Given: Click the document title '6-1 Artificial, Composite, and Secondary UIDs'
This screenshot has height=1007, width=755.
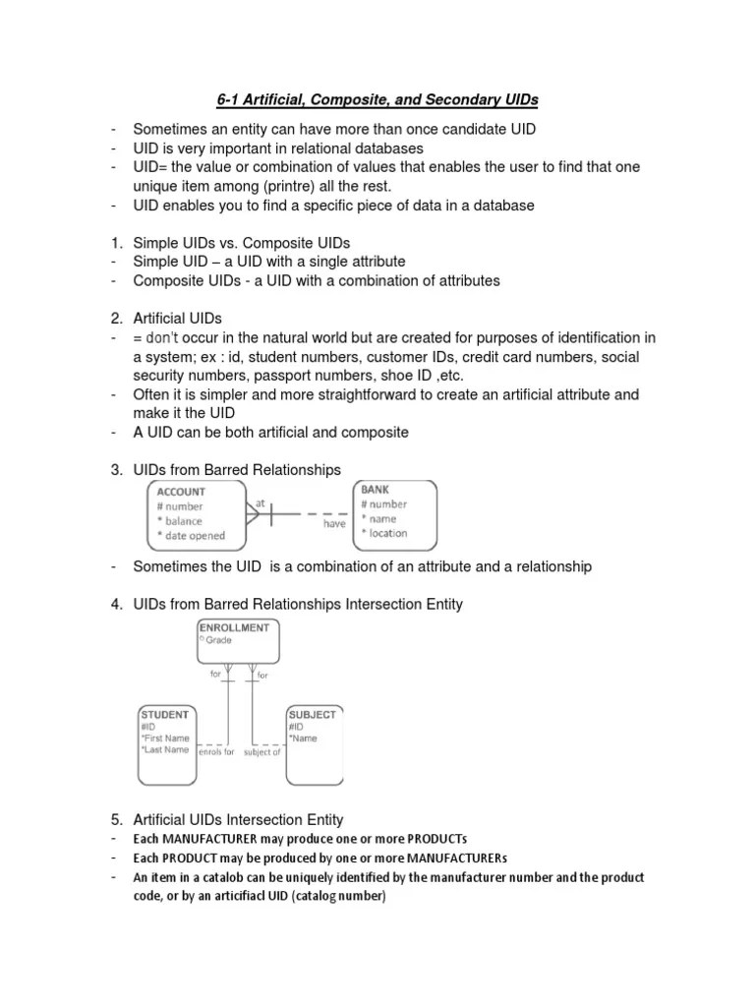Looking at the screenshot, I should pos(377,99).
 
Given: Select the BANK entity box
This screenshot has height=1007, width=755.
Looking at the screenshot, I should pos(395,513).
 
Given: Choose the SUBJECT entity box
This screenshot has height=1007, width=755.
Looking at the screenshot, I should pos(314,743).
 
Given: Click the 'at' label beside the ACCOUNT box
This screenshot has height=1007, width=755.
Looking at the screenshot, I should pos(261,503).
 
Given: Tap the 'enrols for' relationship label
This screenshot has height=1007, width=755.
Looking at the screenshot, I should pos(216,752).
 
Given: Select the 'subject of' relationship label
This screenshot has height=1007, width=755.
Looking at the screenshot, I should pos(262,752).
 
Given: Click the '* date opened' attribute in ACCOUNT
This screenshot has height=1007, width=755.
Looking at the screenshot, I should pos(191,536).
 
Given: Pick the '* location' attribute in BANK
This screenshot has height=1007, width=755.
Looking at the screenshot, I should pos(384,533).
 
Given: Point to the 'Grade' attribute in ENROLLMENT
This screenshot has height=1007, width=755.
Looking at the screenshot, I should pos(218,639).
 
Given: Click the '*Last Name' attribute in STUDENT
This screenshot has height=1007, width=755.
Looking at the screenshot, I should pos(164,749).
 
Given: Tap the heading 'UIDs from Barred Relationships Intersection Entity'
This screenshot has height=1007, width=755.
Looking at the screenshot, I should pos(298,605).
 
